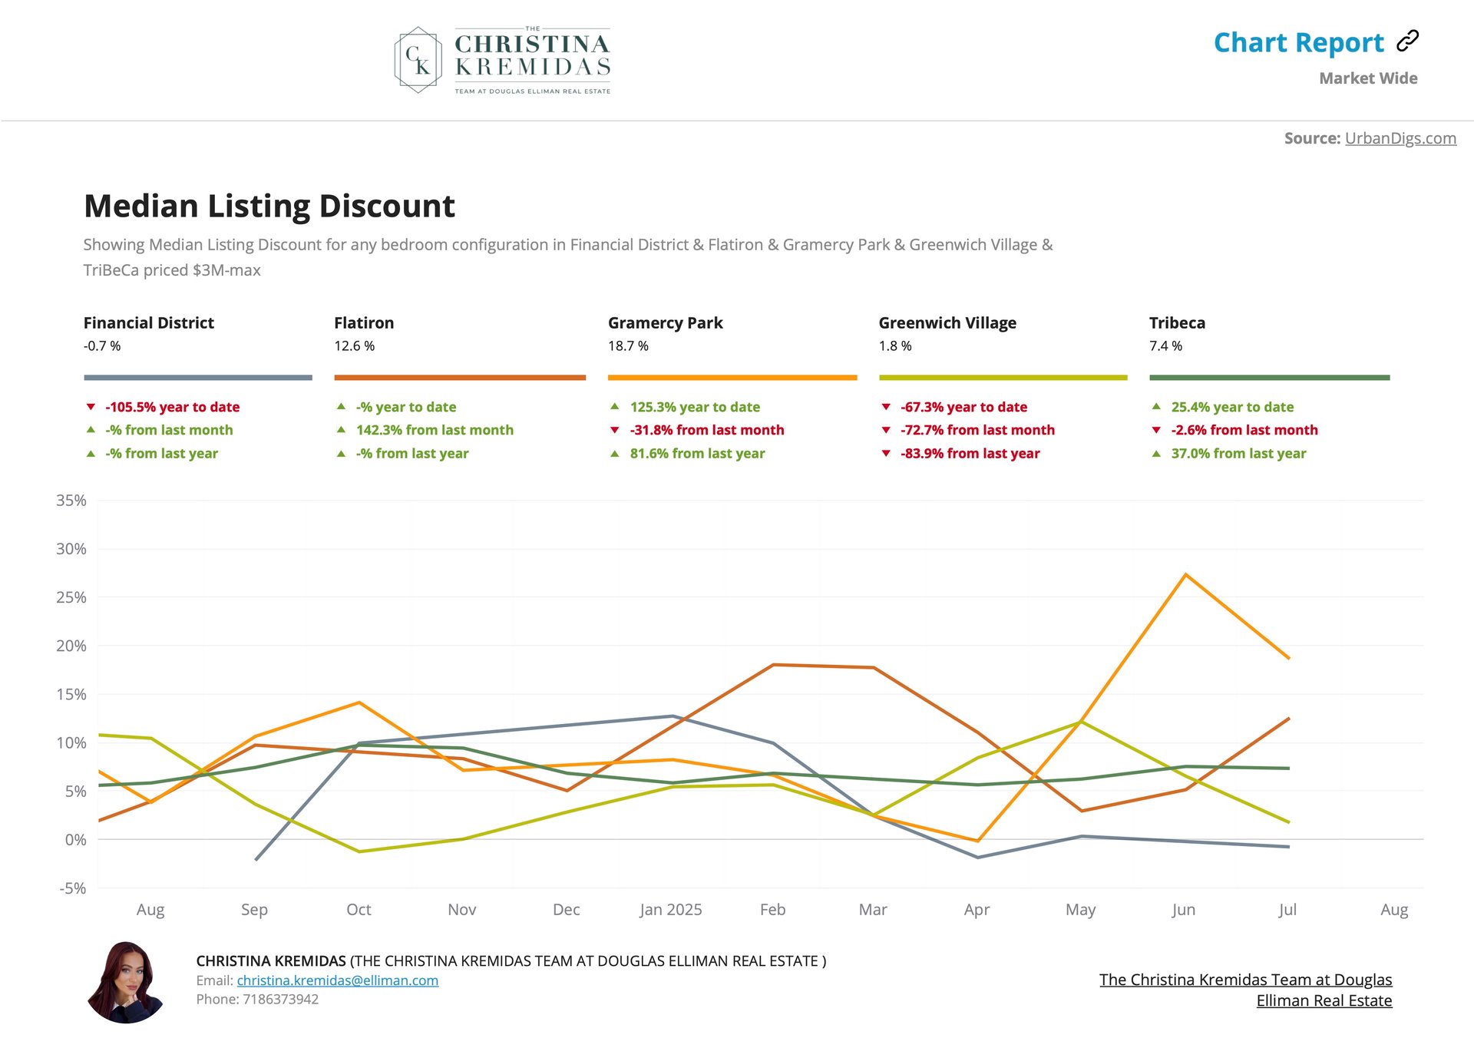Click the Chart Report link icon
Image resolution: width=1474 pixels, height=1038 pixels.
pyautogui.click(x=1407, y=41)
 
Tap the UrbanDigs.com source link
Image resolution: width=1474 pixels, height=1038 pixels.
pyautogui.click(x=1400, y=138)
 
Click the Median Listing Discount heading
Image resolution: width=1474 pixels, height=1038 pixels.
pyautogui.click(x=269, y=206)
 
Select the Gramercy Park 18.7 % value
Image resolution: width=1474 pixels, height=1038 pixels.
pyautogui.click(x=628, y=346)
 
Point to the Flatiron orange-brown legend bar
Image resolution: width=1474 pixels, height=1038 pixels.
pyautogui.click(x=459, y=377)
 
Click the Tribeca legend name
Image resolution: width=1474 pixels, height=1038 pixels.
pyautogui.click(x=1177, y=322)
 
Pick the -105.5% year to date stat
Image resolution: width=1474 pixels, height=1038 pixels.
pyautogui.click(x=172, y=407)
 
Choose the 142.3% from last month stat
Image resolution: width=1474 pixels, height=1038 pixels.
pyautogui.click(x=435, y=430)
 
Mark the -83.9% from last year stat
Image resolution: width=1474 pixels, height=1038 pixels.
pyautogui.click(x=970, y=453)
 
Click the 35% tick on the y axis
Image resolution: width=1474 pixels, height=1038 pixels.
pyautogui.click(x=71, y=501)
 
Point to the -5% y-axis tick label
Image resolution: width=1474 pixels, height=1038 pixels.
pyautogui.click(x=72, y=888)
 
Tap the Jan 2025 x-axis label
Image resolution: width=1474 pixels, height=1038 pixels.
pyautogui.click(x=670, y=910)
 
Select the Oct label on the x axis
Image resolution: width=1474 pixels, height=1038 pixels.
pyautogui.click(x=359, y=910)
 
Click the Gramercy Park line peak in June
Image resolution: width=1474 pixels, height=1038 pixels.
pyautogui.click(x=1185, y=574)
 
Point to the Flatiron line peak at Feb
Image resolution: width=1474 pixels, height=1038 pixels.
pyautogui.click(x=773, y=665)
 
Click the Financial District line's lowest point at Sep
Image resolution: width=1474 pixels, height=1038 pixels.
pyautogui.click(x=256, y=859)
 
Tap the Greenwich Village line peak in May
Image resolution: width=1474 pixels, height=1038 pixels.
pyautogui.click(x=1081, y=721)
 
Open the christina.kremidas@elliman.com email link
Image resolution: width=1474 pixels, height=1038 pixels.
pyautogui.click(x=337, y=980)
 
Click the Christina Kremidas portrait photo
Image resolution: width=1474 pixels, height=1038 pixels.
pyautogui.click(x=126, y=982)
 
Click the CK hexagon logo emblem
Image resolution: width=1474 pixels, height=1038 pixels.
pyautogui.click(x=418, y=60)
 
